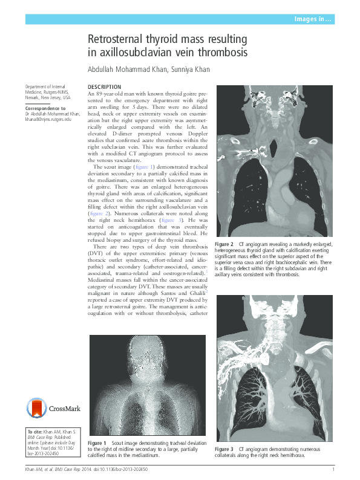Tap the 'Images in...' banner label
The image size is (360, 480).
pyautogui.click(x=312, y=20)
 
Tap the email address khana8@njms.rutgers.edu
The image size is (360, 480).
pyautogui.click(x=48, y=119)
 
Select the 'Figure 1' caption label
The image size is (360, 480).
pyautogui.click(x=97, y=443)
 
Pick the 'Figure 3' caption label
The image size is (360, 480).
pyautogui.click(x=224, y=449)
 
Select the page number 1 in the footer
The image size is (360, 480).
pyautogui.click(x=333, y=470)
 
